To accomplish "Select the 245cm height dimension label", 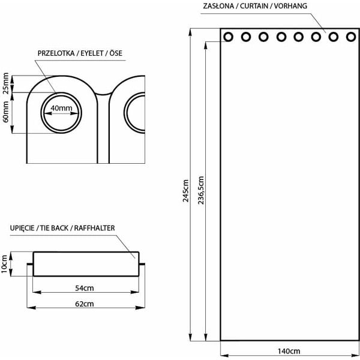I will click(x=187, y=191).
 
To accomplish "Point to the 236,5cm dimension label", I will click(x=201, y=191).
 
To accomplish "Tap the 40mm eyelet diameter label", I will click(x=61, y=108).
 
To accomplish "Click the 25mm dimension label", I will click(x=6, y=83).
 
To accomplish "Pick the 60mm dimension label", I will click(x=6, y=112).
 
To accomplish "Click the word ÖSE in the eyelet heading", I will click(x=115, y=52).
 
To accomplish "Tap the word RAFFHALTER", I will click(x=93, y=229).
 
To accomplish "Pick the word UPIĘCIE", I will click(x=22, y=229).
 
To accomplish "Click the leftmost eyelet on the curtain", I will click(x=229, y=37).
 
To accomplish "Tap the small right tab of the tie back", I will click(x=142, y=263).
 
